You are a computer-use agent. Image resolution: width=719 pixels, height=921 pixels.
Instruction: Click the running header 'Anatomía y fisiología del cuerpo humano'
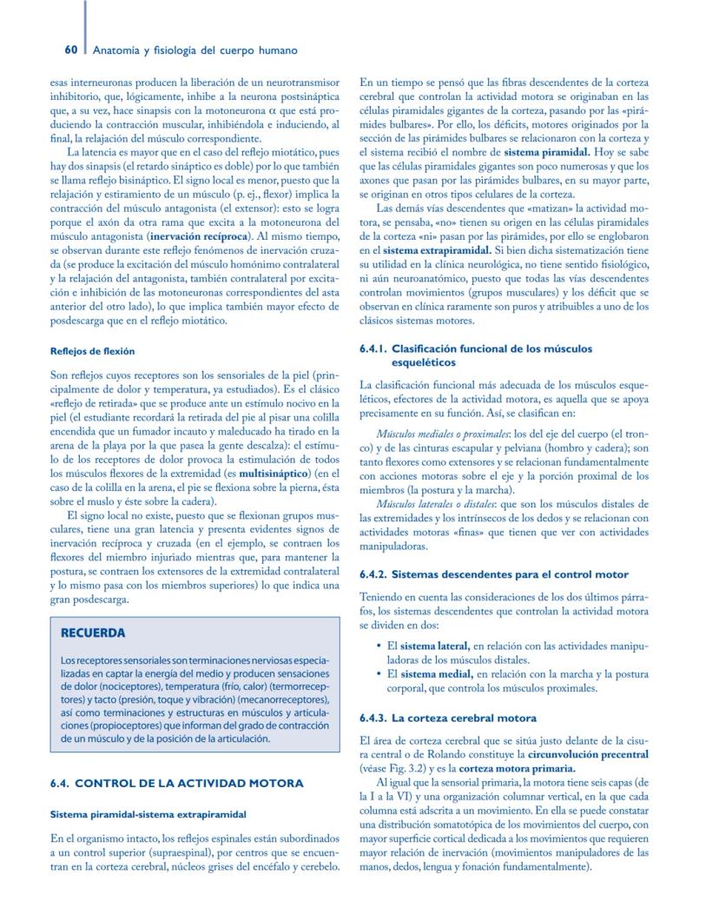tap(195, 50)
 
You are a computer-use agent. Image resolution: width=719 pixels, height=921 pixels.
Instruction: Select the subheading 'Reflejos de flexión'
tap(92, 351)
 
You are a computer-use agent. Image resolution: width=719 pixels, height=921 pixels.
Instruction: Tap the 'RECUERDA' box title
tap(93, 632)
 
